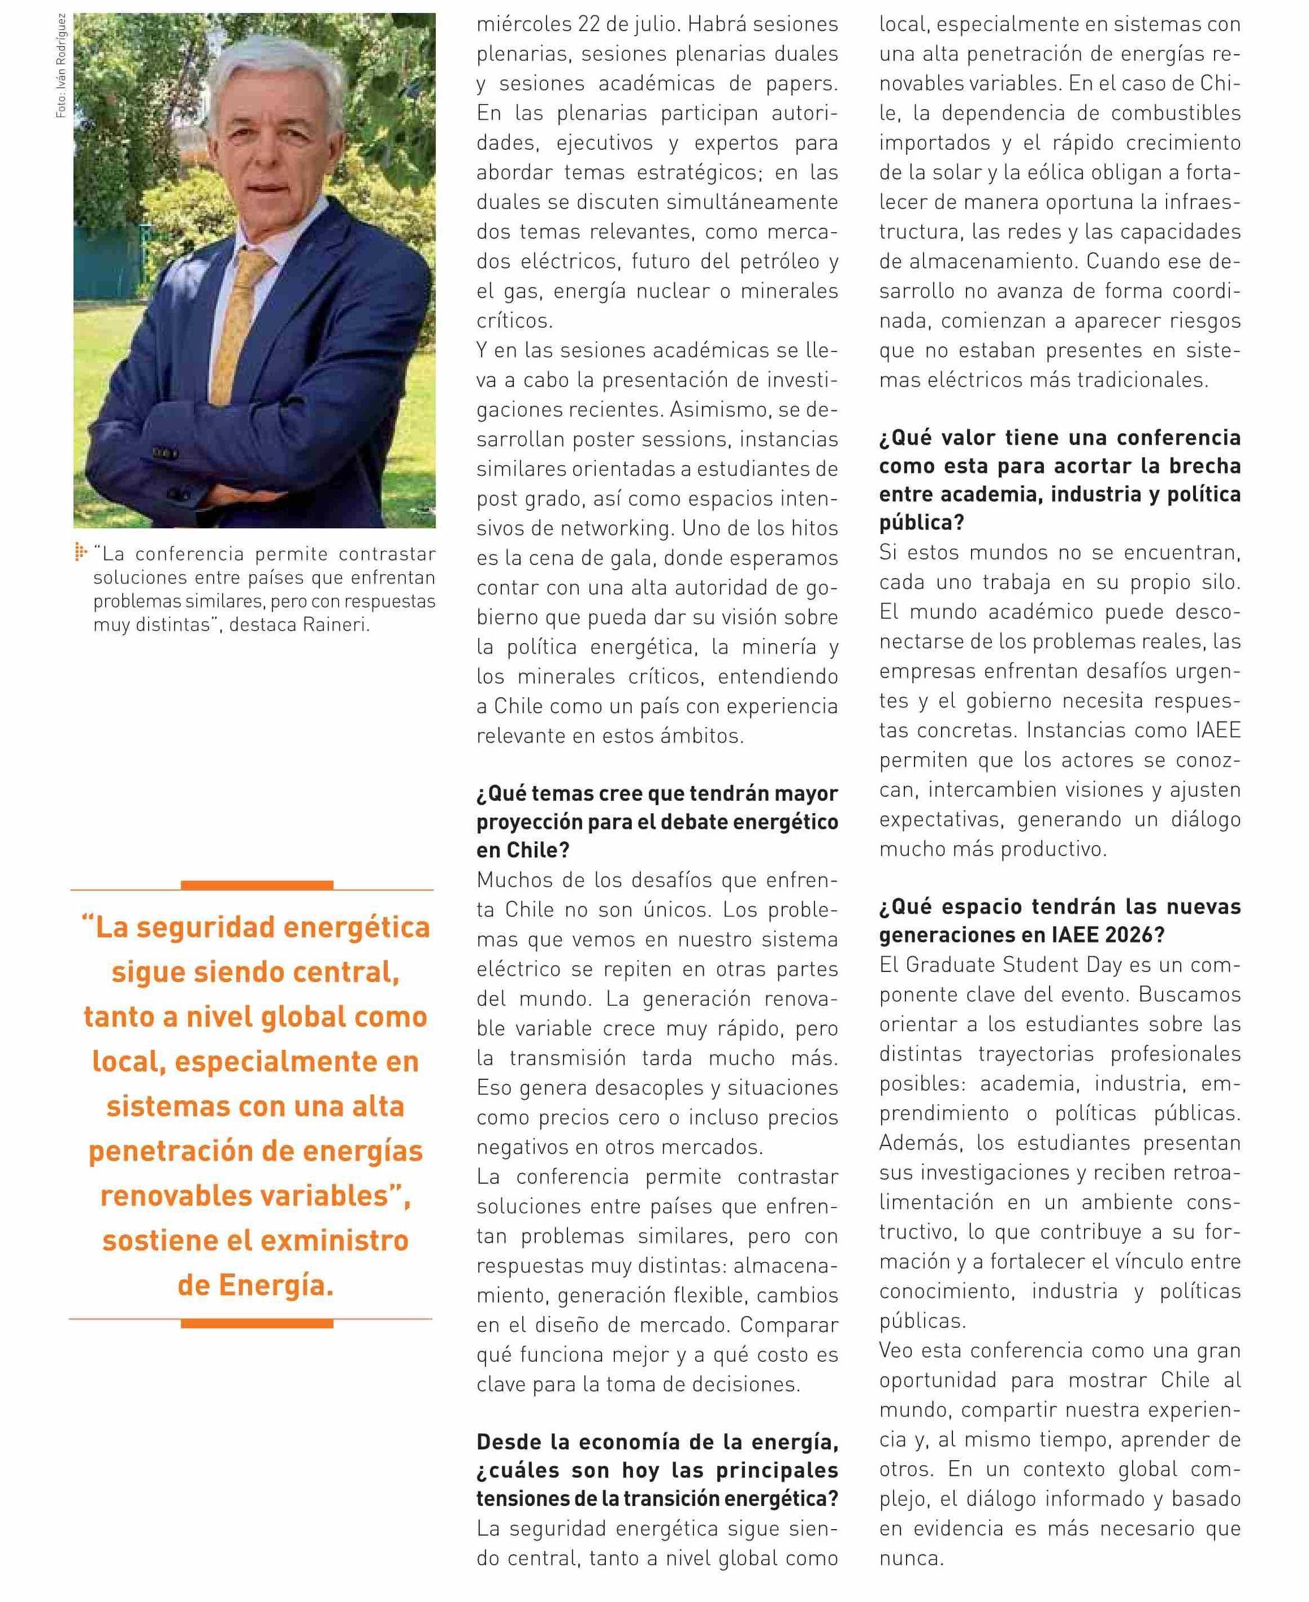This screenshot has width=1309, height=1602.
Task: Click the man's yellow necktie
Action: coord(239,324)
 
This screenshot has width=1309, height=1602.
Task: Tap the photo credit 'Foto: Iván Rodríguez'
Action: coord(61,66)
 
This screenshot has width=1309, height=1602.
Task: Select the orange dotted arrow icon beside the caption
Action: coord(81,553)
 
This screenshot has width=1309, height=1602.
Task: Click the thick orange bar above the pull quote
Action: coord(257,884)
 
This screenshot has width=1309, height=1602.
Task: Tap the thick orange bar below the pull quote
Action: coord(257,1323)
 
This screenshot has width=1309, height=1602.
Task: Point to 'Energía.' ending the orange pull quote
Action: coord(277,1284)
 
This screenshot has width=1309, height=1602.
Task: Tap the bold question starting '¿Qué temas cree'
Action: coord(657,821)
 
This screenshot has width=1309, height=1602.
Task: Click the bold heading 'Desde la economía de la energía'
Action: coord(657,1442)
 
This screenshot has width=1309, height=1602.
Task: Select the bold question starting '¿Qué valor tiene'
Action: coord(1059,479)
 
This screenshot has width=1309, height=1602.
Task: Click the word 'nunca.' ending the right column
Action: coord(911,1558)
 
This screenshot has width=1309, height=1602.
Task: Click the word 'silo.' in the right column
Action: coord(1218,582)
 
